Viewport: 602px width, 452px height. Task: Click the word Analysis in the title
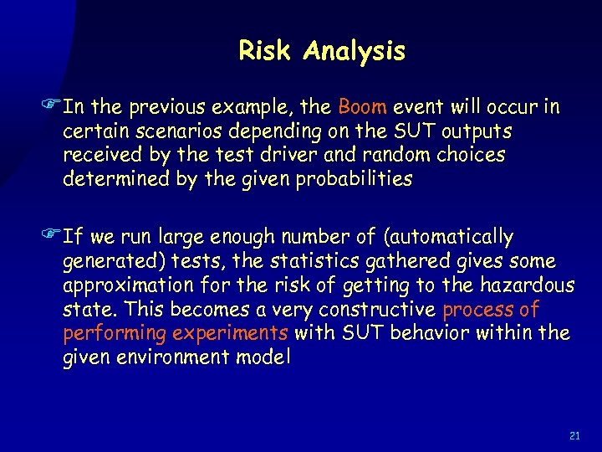point(355,52)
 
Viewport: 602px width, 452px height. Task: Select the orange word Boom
point(363,107)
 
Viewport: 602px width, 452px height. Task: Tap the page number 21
point(574,436)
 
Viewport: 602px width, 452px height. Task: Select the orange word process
point(476,310)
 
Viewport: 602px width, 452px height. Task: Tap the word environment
point(179,358)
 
